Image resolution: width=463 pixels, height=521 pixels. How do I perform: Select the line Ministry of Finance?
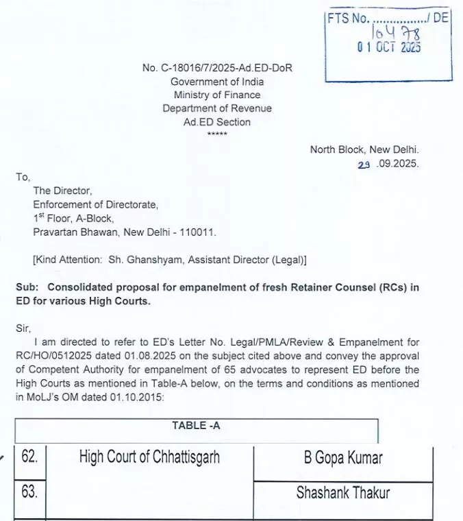[216, 95]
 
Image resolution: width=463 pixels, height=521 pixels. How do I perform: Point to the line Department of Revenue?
[216, 108]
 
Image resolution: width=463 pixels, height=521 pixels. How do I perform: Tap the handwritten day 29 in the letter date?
[364, 164]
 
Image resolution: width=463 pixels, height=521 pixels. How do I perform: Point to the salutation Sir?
[23, 328]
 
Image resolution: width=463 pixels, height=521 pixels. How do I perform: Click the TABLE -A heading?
[196, 425]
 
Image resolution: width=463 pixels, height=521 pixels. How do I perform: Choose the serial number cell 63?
[29, 492]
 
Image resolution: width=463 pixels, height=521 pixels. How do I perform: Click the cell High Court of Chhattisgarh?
[149, 457]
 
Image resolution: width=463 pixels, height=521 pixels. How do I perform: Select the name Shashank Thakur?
[342, 492]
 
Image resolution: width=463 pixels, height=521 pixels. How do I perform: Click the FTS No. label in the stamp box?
[348, 19]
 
